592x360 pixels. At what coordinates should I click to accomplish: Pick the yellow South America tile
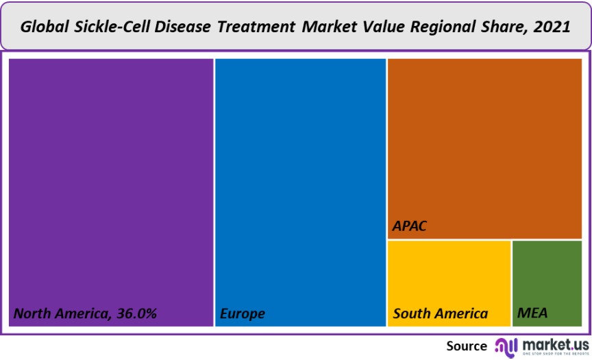click(x=449, y=278)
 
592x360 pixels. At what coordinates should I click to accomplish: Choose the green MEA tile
click(x=547, y=278)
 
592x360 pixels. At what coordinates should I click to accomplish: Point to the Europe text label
click(x=243, y=314)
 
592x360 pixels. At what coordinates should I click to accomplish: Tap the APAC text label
click(x=410, y=226)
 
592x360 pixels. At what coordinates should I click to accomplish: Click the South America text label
click(x=441, y=314)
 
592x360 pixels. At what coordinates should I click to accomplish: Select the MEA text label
click(x=532, y=314)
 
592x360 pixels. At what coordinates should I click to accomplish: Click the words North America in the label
click(x=58, y=314)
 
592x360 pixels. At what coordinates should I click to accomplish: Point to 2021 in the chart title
click(x=553, y=27)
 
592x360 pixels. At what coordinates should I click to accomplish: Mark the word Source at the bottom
click(x=467, y=346)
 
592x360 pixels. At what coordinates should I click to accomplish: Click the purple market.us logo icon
click(x=506, y=346)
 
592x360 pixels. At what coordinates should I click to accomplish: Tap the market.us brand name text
click(x=555, y=343)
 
